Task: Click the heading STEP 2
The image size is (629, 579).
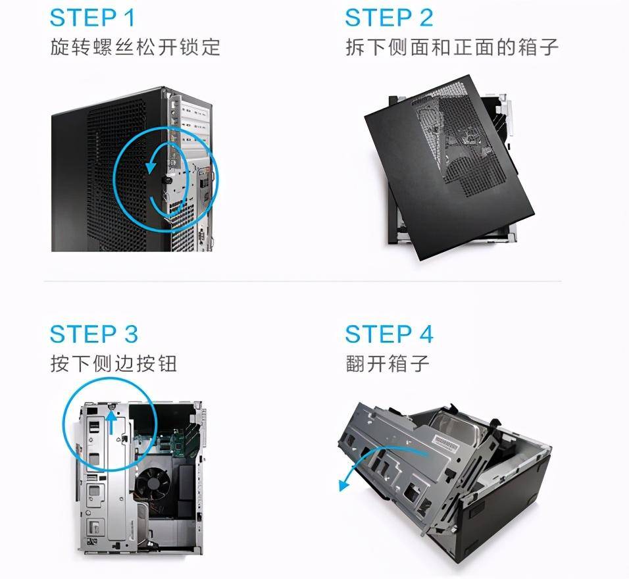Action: tap(390, 18)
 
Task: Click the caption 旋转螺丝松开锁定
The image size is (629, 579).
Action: tap(136, 47)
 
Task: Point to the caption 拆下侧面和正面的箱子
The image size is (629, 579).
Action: tap(452, 47)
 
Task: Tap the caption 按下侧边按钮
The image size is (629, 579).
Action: tap(114, 363)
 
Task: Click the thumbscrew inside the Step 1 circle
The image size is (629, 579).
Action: tap(166, 178)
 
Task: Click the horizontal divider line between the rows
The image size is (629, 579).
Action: tap(303, 282)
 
